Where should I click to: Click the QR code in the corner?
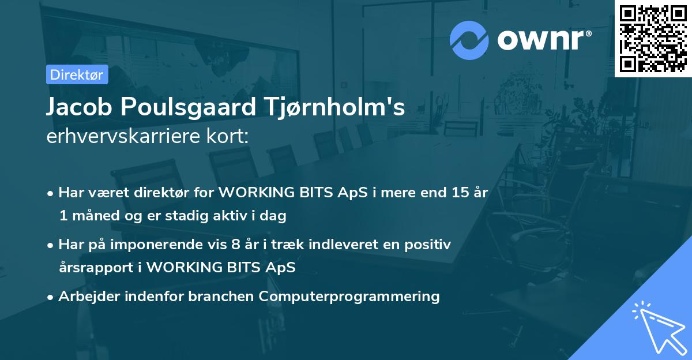(653, 38)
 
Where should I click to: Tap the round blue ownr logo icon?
(469, 40)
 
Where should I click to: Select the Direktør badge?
(77, 74)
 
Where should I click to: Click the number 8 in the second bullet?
(235, 245)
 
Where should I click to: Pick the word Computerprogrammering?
(349, 297)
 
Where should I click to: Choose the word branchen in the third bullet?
(222, 297)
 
